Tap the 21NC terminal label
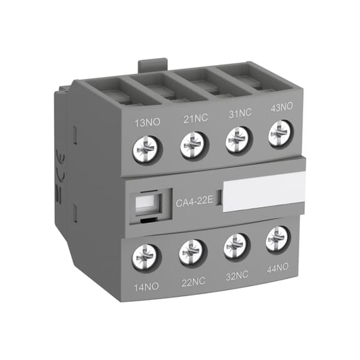196,119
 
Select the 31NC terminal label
240,114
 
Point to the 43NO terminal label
282,107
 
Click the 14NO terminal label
147,287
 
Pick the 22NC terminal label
193,282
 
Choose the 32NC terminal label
237,275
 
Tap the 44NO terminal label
277,268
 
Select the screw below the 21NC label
195,145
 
